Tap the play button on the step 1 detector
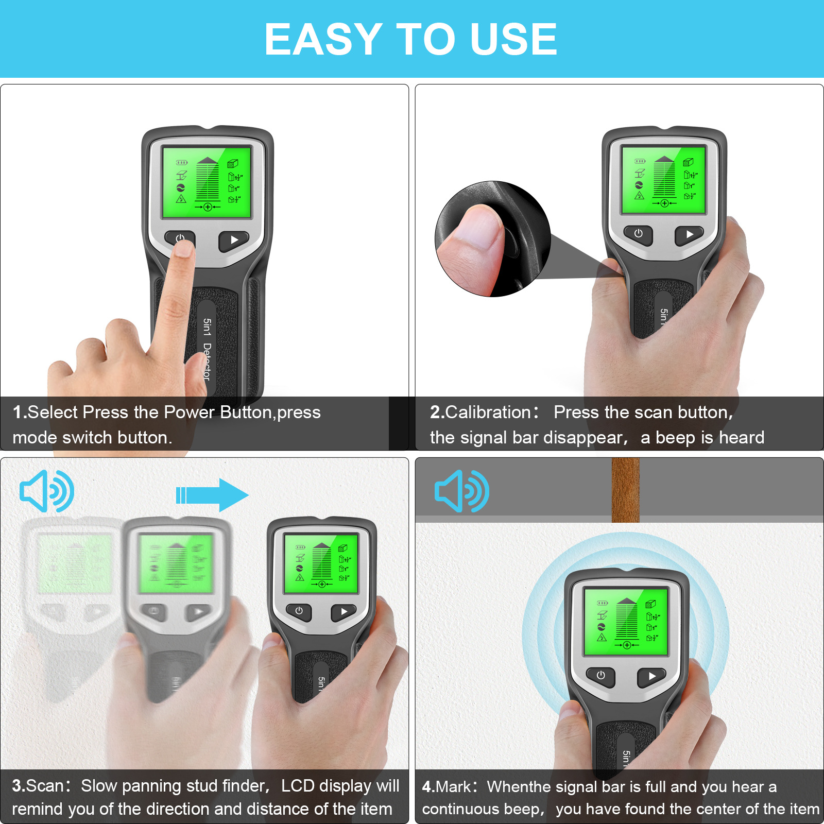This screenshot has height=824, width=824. (x=234, y=241)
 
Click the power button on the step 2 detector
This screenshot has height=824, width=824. (x=638, y=234)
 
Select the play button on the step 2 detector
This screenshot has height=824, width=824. (x=689, y=235)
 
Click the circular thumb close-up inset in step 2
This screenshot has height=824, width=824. (x=493, y=239)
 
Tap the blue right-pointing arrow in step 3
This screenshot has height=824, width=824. (x=212, y=495)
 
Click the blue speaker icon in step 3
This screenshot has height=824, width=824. (x=47, y=491)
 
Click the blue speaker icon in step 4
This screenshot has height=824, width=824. (x=462, y=491)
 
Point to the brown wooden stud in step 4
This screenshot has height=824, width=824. (x=625, y=490)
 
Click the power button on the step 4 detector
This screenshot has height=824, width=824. (x=600, y=676)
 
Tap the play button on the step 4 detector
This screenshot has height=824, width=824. (x=652, y=677)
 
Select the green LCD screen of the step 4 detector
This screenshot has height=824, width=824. (x=626, y=622)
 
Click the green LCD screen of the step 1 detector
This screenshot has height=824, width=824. (x=207, y=182)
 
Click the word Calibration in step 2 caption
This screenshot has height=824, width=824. (x=488, y=412)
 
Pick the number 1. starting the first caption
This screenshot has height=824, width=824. (x=20, y=412)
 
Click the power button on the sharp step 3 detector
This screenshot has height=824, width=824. (x=299, y=611)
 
